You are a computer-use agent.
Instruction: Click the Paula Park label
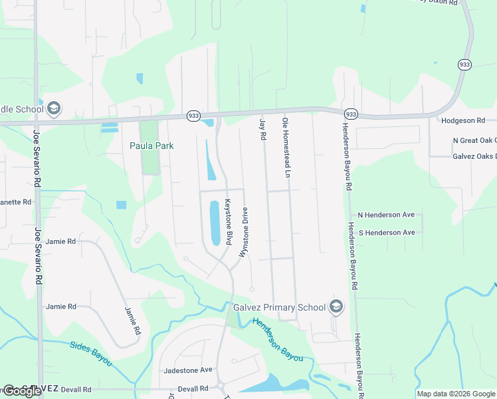[x=151, y=146]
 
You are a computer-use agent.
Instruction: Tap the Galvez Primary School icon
[x=337, y=307]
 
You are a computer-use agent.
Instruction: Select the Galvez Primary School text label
[x=279, y=307]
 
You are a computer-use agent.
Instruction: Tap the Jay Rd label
[x=262, y=128]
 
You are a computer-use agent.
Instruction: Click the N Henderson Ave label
[x=386, y=215]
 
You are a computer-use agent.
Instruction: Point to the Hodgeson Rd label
[x=463, y=120]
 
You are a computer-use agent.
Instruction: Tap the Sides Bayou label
[x=91, y=352]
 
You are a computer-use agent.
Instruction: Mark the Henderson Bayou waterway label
[x=277, y=339]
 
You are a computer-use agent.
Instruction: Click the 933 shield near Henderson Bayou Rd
[x=351, y=114]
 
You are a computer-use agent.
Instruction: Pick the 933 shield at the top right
[x=464, y=65]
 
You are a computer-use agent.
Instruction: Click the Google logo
[x=22, y=392]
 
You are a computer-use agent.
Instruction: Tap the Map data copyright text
[x=456, y=394]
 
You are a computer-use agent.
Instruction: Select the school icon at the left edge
[x=54, y=108]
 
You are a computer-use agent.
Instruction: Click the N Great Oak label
[x=474, y=140]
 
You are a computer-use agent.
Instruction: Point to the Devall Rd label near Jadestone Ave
[x=193, y=388]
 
